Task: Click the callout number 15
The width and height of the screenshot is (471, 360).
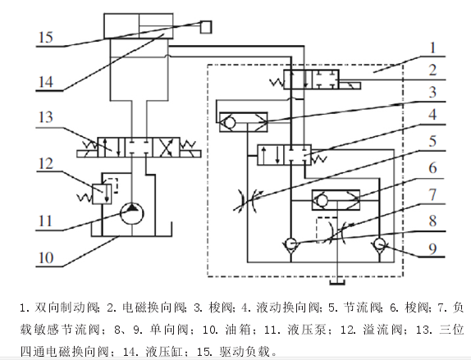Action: coord(46,37)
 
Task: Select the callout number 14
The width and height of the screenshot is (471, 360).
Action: coord(46,82)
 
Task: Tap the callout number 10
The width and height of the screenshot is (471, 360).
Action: coord(46,257)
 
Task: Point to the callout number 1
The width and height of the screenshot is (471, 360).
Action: coord(432,48)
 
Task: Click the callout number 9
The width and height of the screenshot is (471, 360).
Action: coord(432,248)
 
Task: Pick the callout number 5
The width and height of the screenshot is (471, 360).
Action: coord(432,141)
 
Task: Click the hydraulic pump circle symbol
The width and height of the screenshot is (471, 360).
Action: coord(131,213)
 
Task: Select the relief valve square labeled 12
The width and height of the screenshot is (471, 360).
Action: coord(102,194)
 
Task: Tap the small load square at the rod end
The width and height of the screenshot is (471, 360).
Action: coord(206,27)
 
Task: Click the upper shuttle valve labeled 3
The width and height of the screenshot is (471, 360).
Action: coord(244,122)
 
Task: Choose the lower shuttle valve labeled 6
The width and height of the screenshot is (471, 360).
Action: coord(336,200)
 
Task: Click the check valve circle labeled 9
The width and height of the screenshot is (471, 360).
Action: coord(379,244)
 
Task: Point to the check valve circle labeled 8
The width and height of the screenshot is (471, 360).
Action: coord(290,244)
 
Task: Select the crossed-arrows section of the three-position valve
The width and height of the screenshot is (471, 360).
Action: coord(166,148)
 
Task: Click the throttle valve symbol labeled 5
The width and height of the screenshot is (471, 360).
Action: coord(248,201)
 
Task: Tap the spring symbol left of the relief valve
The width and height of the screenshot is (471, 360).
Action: coord(85,198)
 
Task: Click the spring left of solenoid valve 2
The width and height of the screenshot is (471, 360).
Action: coord(277,82)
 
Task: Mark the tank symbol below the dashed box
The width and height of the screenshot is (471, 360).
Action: coord(337,282)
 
